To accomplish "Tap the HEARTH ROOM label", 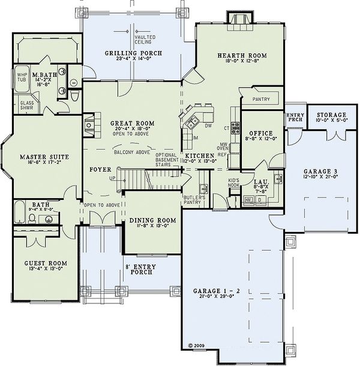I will [x=242, y=55].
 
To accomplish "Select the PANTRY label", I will [x=261, y=99].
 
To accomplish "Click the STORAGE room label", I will [x=331, y=115].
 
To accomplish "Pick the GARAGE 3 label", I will [x=320, y=170].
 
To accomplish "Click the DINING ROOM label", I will [x=153, y=220].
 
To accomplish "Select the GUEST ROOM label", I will [x=45, y=263].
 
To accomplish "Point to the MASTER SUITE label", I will [x=44, y=157].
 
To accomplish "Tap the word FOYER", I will [x=100, y=170].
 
